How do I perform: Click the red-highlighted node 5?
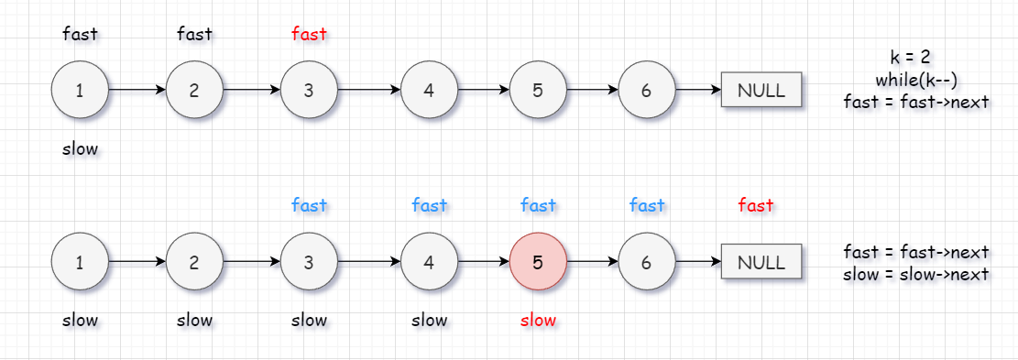pyautogui.click(x=538, y=262)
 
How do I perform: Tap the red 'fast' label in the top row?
pyautogui.click(x=309, y=34)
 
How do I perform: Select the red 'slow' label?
pyautogui.click(x=538, y=320)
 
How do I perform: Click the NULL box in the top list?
pyautogui.click(x=761, y=90)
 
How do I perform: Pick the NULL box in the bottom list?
pyautogui.click(x=761, y=262)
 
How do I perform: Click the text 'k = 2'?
pyautogui.click(x=911, y=57)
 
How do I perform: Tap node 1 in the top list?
pyautogui.click(x=79, y=90)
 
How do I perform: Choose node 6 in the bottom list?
pyautogui.click(x=647, y=262)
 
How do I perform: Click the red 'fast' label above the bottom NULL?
pyautogui.click(x=756, y=205)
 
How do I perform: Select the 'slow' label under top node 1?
pyautogui.click(x=80, y=148)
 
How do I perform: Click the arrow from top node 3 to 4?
pyautogui.click(x=368, y=90)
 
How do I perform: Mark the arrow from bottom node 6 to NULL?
pyautogui.click(x=698, y=262)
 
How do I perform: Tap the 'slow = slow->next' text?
pyautogui.click(x=916, y=274)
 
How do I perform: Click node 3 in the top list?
pyautogui.click(x=309, y=90)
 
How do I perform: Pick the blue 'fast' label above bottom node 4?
pyautogui.click(x=429, y=205)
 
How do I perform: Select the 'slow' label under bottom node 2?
pyautogui.click(x=195, y=320)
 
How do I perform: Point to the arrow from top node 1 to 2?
pyautogui.click(x=137, y=90)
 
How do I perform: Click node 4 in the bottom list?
pyautogui.click(x=429, y=262)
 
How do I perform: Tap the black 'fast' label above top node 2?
pyautogui.click(x=195, y=34)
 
